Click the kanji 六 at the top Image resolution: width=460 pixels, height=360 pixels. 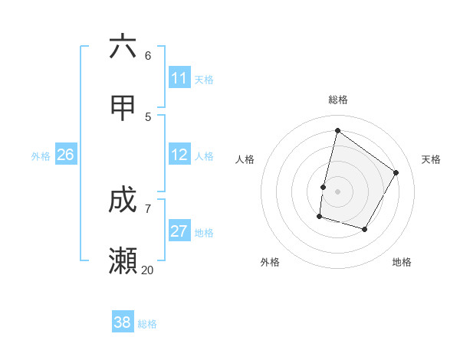[x=123, y=47]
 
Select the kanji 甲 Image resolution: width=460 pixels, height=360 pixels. [x=123, y=109]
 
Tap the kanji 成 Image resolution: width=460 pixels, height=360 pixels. [x=123, y=201]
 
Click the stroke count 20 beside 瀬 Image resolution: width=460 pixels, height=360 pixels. [x=147, y=270]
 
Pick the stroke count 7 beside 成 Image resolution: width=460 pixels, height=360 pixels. [x=148, y=208]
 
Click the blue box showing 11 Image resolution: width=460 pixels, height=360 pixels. [x=179, y=78]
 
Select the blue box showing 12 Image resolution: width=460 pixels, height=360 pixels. [x=179, y=155]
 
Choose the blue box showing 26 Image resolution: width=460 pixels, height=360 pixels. [x=65, y=155]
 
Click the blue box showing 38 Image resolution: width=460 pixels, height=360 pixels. [x=123, y=323]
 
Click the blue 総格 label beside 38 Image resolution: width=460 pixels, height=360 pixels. [x=147, y=324]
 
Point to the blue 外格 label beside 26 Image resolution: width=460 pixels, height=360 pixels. [x=41, y=156]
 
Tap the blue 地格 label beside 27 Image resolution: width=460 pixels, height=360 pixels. [x=204, y=233]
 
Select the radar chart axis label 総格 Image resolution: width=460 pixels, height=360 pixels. [x=338, y=100]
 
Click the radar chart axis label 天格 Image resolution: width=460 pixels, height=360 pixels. [x=431, y=159]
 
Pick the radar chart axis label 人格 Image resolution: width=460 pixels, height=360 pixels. [x=245, y=159]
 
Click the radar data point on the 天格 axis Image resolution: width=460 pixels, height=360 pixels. [x=396, y=172]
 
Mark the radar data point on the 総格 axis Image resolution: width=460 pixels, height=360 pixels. [x=337, y=130]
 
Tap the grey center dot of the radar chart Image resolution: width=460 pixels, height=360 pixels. [x=337, y=191]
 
